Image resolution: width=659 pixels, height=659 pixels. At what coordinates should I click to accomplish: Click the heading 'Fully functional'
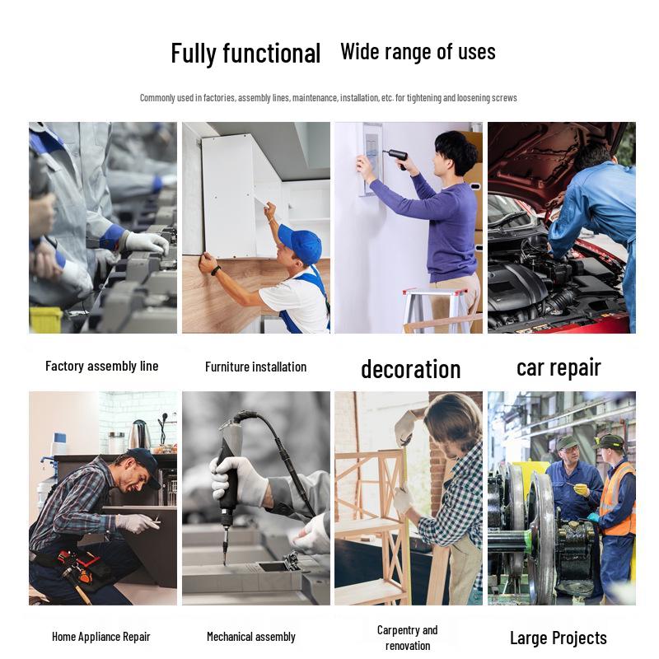coord(245,54)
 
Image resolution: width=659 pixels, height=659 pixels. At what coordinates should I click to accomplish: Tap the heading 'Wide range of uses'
coord(418,52)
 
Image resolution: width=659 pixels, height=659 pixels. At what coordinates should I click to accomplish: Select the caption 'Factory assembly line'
coord(101,366)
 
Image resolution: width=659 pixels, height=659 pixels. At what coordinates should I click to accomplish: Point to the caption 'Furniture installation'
coord(255,367)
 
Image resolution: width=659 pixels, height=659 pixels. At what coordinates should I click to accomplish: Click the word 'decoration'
coord(410,369)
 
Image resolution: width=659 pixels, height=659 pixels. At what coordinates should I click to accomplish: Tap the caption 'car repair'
coord(559,367)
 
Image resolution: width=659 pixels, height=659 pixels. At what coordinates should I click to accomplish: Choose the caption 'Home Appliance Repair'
coord(100,637)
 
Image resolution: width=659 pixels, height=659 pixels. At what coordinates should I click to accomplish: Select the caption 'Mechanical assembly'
coord(251,637)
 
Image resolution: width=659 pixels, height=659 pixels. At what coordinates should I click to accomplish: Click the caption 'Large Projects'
coord(559,638)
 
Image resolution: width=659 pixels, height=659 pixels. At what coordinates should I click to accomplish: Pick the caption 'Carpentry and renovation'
coord(407,638)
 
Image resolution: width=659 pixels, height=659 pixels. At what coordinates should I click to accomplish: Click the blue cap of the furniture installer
coord(301,244)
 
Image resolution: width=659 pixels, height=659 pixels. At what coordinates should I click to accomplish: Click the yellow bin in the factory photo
coord(45,320)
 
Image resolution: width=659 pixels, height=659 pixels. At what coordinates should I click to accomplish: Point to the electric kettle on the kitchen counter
coord(139,435)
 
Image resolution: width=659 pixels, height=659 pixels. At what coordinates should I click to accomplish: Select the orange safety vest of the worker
coord(617,499)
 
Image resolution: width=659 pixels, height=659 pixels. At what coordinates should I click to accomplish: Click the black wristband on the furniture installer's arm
coord(216,271)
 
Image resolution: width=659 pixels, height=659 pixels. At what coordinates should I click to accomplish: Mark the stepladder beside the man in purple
coord(435,311)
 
